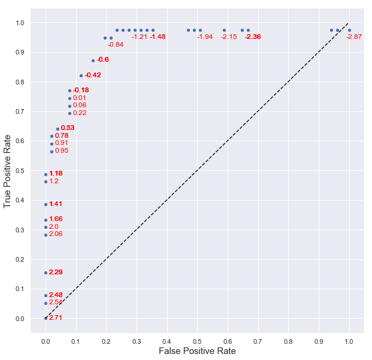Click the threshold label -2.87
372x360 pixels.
coord(354,37)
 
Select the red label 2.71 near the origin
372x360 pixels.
coord(56,317)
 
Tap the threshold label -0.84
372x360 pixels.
coord(116,45)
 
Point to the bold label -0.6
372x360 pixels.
coord(103,60)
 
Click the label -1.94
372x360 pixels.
coord(205,37)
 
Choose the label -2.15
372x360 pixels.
coord(229,37)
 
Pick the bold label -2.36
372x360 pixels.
coord(253,37)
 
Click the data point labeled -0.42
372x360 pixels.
coord(81,75)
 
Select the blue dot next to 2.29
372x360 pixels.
coord(46,273)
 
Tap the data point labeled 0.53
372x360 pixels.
coord(58,129)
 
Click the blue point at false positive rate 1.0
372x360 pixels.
coord(349,30)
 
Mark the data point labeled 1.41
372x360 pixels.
coord(46,204)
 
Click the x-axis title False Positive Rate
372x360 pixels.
coord(197,351)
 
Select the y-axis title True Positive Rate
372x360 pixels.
coord(8,170)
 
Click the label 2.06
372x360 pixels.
coord(56,234)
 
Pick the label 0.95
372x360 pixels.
coord(62,151)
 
